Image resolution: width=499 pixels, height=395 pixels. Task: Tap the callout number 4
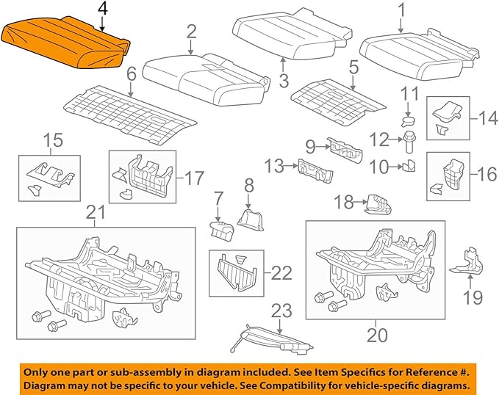click(x=102, y=10)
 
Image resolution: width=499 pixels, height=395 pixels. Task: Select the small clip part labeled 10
click(x=409, y=167)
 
